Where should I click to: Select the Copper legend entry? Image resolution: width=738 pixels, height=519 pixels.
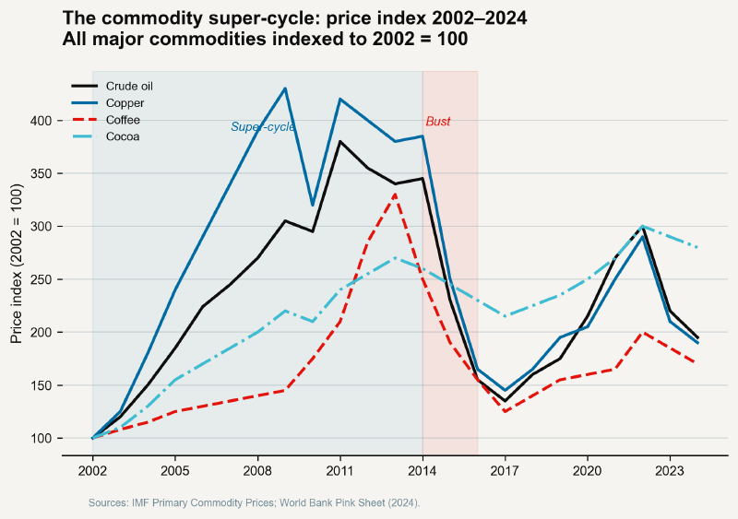pos(125,102)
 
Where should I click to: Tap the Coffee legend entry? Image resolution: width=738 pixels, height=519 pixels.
pos(123,120)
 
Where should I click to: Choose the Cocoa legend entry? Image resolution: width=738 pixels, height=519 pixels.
pos(123,136)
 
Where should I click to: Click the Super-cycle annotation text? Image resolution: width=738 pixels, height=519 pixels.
pos(263,127)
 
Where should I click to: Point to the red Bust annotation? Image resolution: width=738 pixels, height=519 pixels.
pos(438,123)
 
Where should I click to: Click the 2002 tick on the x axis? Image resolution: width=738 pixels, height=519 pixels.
pos(92,471)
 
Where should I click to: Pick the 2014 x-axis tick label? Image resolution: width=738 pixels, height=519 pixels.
pos(423,471)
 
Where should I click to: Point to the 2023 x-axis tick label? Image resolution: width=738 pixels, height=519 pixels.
pos(670,471)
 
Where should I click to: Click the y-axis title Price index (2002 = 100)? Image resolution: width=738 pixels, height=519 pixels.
pos(16,263)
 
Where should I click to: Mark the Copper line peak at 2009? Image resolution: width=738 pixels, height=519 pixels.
pos(285,88)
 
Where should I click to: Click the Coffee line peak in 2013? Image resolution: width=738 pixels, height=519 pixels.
pos(395,195)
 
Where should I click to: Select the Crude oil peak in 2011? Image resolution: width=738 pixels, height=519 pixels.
pos(340,142)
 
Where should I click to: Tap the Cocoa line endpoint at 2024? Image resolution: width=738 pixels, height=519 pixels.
pos(697,247)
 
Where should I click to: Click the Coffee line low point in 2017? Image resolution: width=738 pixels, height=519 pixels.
pos(505,411)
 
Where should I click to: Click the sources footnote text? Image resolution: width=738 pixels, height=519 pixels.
pos(254,503)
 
